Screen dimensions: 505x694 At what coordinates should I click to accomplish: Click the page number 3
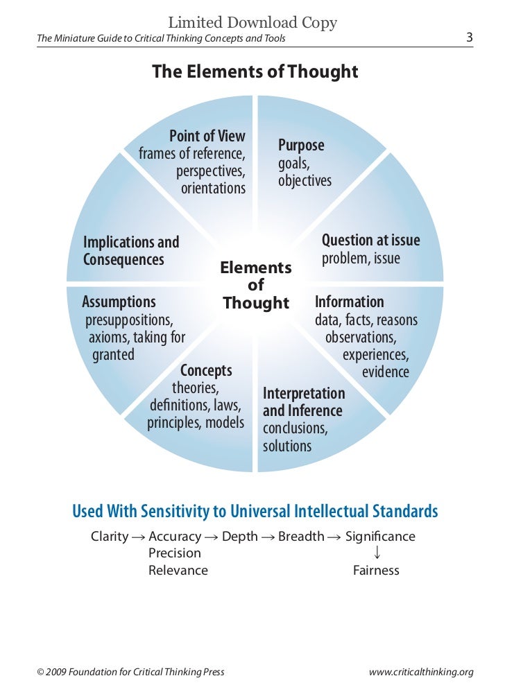tap(470, 37)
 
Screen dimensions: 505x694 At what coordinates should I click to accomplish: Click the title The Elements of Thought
tap(255, 72)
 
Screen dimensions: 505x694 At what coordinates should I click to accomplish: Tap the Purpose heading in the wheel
tap(301, 146)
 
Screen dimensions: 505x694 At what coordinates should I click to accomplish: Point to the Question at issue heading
tap(370, 241)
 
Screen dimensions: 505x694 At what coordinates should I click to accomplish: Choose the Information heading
tap(349, 302)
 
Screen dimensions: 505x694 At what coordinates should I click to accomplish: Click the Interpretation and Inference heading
tap(303, 402)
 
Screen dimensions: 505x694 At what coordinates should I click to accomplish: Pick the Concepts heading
tap(206, 370)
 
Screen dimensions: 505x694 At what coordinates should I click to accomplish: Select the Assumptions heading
tap(119, 302)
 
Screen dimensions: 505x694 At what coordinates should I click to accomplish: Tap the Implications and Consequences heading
tap(131, 251)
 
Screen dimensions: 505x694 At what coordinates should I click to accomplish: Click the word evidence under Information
tap(386, 372)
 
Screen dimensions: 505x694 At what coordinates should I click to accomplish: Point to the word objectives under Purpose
tap(305, 182)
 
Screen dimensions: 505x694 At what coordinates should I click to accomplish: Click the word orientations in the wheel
tap(213, 189)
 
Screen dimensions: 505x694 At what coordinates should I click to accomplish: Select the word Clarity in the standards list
tap(110, 537)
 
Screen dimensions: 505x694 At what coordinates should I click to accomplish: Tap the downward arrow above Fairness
tap(377, 553)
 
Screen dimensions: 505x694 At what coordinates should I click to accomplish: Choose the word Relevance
tap(178, 571)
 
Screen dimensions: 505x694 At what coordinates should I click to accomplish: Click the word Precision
tap(175, 553)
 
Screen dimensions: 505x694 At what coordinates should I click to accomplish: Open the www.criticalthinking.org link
tap(422, 672)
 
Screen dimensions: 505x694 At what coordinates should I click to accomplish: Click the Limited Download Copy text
tap(252, 23)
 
